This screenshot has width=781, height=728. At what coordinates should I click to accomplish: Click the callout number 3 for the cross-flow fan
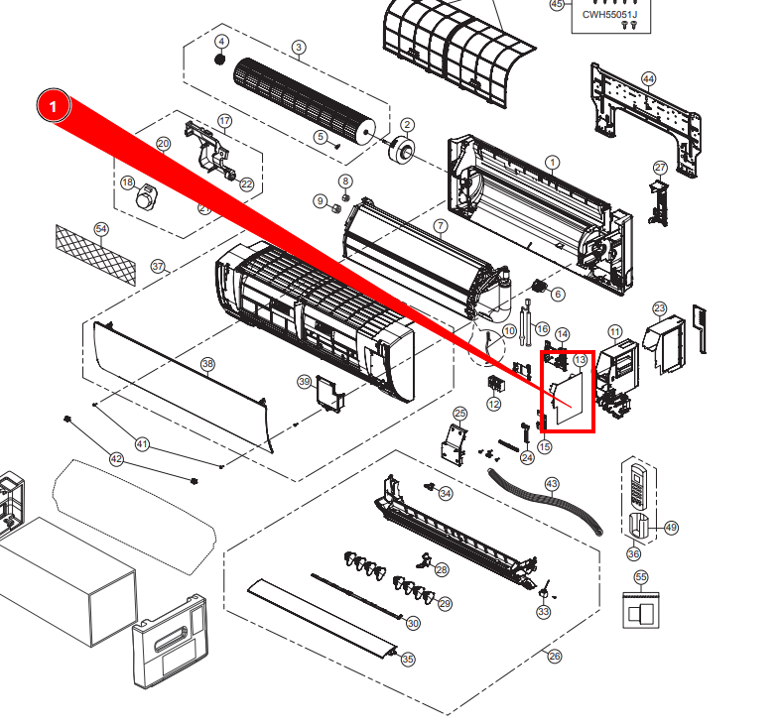point(299,48)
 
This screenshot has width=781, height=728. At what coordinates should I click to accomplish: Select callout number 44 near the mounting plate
point(648,78)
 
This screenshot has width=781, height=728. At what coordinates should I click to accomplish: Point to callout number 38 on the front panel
point(207,364)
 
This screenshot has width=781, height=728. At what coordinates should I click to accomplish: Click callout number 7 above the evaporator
point(440,227)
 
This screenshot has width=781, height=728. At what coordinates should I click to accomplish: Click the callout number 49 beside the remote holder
point(671,528)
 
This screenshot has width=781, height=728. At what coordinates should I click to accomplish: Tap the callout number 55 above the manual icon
point(640,576)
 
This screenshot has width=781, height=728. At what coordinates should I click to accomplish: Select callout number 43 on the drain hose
point(552,483)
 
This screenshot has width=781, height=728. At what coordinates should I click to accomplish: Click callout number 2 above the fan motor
point(407,124)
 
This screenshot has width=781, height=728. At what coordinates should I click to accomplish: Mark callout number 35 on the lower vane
point(407,660)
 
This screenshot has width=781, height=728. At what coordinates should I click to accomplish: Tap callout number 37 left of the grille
point(158,266)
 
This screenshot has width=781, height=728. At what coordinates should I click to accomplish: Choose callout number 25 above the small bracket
point(459,413)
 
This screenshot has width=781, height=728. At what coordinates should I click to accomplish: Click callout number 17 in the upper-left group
point(224,121)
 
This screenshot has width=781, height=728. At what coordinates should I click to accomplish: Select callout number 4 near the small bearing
point(221,42)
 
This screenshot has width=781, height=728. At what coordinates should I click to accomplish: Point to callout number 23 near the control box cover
point(660,309)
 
